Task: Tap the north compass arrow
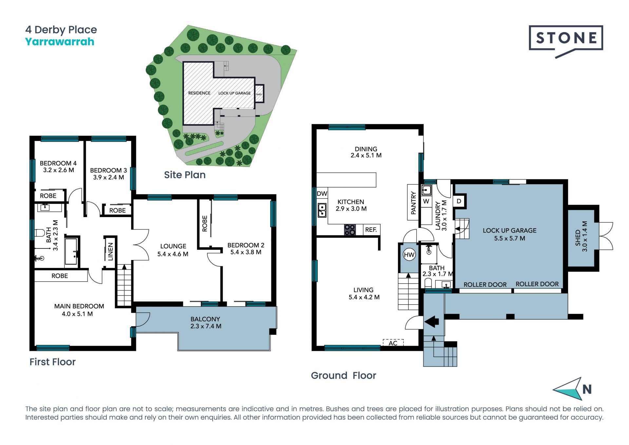[568, 389]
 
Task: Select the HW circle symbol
[409, 255]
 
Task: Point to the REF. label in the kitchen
[371, 230]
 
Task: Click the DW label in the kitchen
[322, 193]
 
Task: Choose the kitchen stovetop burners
[350, 230]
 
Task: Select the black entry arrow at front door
[431, 322]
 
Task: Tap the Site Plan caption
[185, 175]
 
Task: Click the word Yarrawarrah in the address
[60, 42]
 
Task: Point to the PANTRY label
[413, 203]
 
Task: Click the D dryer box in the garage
[459, 201]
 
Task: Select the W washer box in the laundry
[426, 201]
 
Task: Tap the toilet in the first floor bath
[39, 233]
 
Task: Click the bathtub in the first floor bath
[71, 251]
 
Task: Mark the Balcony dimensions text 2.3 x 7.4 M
[206, 326]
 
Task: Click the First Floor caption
[52, 362]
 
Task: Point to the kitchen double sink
[322, 210]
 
